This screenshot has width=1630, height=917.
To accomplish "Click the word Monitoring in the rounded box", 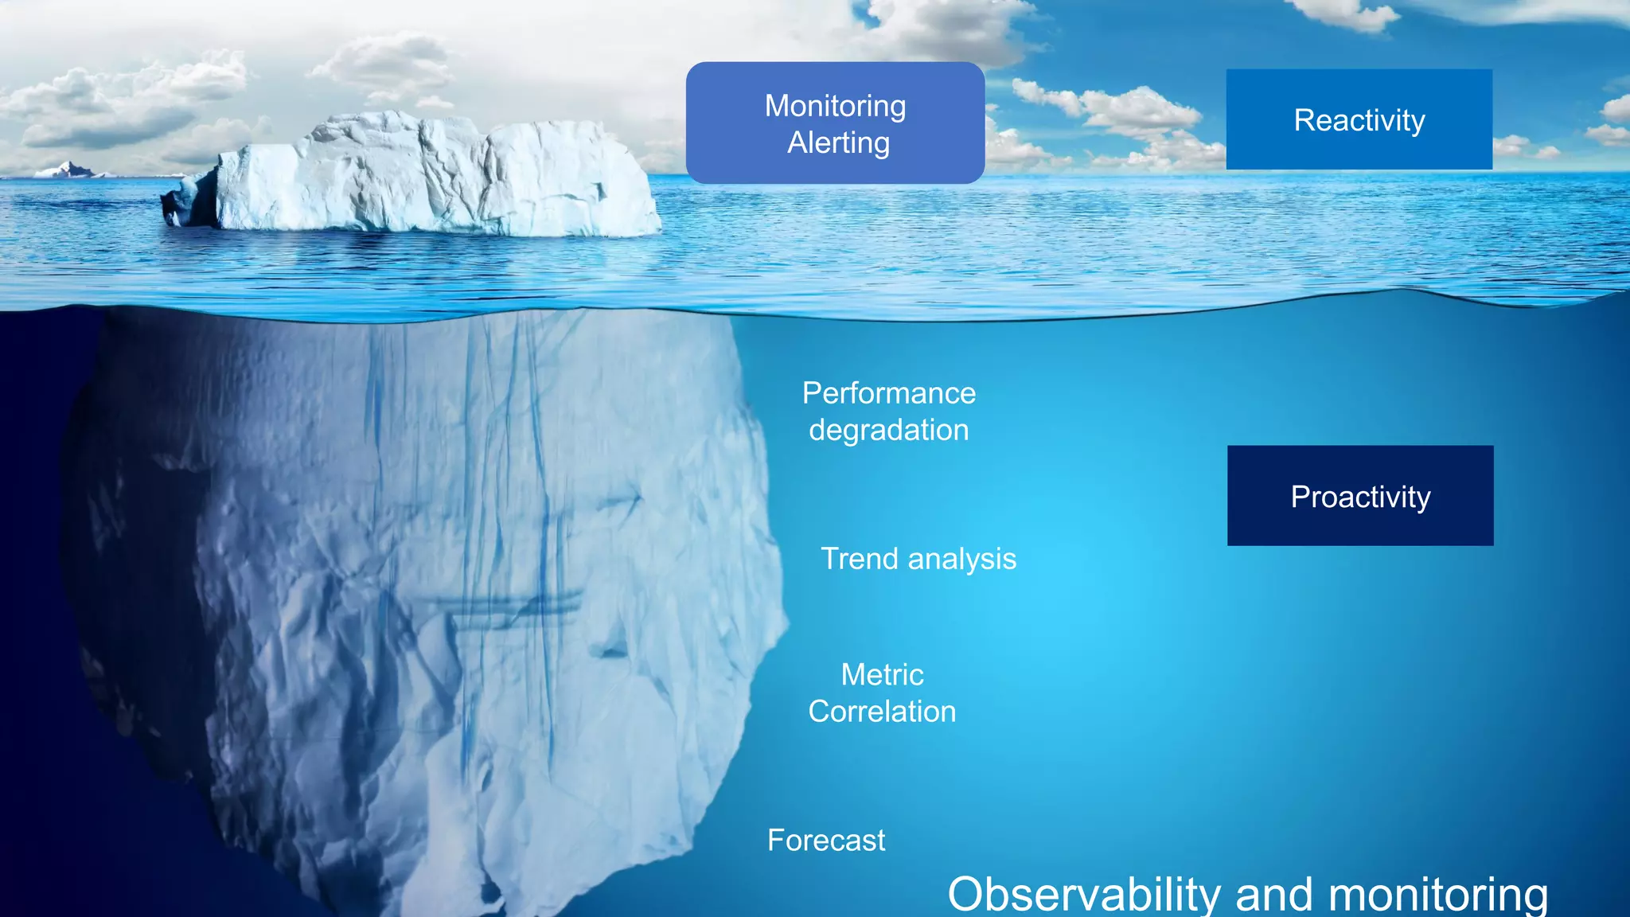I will (x=835, y=106).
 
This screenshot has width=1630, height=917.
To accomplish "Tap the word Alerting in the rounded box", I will (x=838, y=143).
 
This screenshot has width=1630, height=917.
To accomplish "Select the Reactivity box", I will (x=1359, y=119).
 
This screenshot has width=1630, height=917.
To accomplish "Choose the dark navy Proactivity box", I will (x=1360, y=496).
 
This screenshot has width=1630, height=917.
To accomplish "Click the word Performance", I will (x=888, y=393).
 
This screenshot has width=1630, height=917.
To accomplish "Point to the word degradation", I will (x=888, y=431).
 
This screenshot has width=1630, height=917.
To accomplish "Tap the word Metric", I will (x=882, y=675).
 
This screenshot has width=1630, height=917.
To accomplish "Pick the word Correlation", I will (x=882, y=712).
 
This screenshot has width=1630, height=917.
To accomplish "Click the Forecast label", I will (x=825, y=841).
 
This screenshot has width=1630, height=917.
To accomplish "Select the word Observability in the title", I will (x=1083, y=894).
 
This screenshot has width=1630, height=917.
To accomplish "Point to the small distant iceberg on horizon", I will (x=67, y=170).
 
